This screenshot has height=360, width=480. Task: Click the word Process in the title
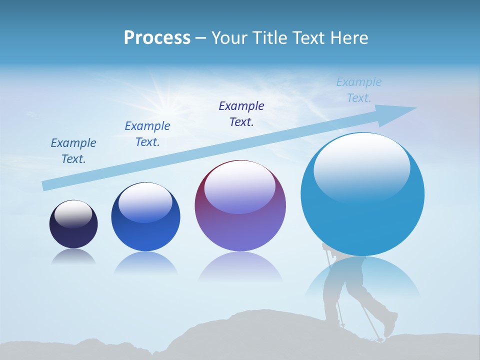(157, 38)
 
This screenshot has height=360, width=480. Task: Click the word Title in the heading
(269, 38)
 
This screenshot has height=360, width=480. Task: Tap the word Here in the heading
(349, 38)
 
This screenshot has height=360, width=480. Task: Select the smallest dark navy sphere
(73, 224)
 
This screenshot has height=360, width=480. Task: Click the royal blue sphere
(145, 217)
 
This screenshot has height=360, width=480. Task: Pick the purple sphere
(240, 206)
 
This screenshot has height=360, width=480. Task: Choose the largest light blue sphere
(362, 194)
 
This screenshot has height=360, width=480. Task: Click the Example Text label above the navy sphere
(73, 151)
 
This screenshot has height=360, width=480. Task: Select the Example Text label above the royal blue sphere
(147, 134)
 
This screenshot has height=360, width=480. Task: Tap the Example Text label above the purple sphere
(241, 113)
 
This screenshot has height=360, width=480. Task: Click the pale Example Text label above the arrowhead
(359, 90)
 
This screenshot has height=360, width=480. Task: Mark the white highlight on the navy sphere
(73, 213)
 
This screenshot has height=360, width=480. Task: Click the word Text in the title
(308, 38)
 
